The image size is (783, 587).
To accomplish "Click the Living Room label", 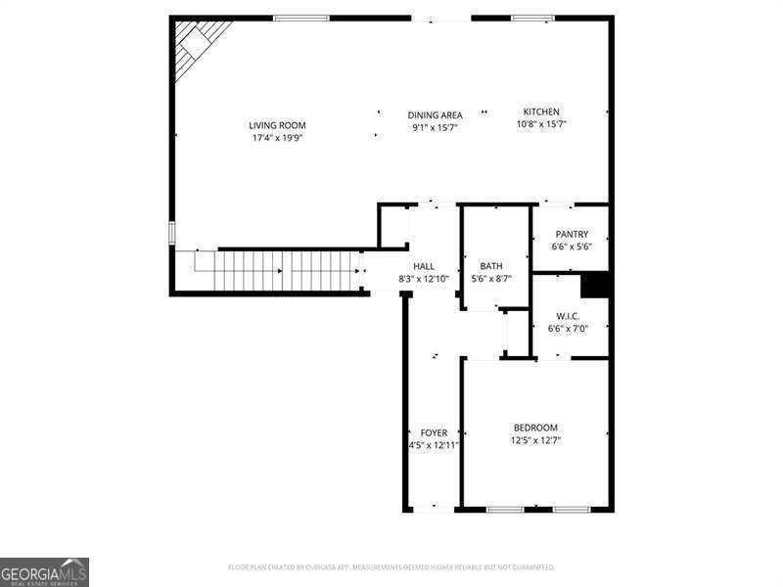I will coord(277,125).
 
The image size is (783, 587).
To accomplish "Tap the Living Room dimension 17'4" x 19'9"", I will coord(277,138).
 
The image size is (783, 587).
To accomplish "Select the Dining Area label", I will coord(435,115).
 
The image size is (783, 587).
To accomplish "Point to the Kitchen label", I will coord(541,112).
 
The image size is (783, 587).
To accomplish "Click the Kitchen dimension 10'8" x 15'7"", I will coord(541,124).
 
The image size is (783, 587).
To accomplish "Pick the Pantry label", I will coord(572,234).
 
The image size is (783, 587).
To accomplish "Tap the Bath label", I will coord(490,266).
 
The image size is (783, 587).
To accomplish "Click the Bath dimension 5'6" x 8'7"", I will coord(490,279).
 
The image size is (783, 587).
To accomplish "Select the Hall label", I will coord(424,266).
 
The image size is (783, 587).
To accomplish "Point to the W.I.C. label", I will coord(569,316).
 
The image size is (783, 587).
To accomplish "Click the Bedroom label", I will coord(535,428).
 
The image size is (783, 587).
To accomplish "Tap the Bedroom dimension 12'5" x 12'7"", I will coord(535,440).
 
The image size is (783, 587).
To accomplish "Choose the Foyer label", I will coord(434,432).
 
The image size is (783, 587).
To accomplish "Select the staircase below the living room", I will coord(284,271).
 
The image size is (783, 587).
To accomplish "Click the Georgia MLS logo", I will coord(44,571).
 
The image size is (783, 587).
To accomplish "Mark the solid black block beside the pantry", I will coord(596,284).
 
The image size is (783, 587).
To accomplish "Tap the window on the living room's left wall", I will coord(171,233).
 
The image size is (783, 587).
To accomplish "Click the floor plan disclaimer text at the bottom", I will coord(391,567).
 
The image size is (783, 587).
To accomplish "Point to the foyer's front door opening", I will coord(432,509).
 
